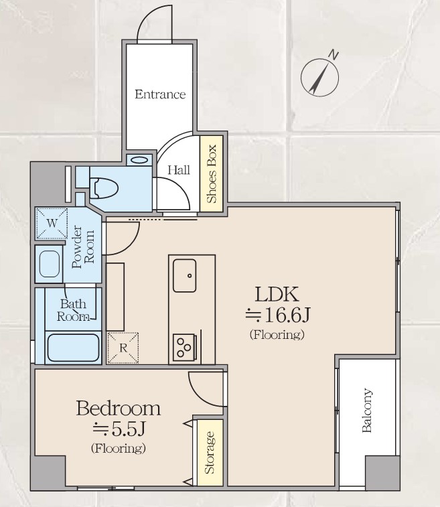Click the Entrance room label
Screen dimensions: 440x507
[x=160, y=94]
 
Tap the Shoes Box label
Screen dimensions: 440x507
[x=211, y=173]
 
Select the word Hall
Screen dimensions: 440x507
[x=178, y=169]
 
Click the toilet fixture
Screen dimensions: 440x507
[x=104, y=188]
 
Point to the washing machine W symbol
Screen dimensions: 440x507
[x=52, y=224]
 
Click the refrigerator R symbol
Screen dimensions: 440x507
[x=123, y=348]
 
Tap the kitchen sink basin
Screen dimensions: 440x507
[x=184, y=275]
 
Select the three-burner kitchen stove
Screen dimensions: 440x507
[x=186, y=348]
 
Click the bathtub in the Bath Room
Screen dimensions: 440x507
[x=73, y=348]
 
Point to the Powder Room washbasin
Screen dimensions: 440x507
[x=50, y=263]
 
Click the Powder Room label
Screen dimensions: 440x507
[x=83, y=247]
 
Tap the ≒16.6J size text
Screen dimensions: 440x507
[x=278, y=315]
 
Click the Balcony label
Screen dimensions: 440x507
[x=367, y=411]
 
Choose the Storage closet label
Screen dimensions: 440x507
[x=210, y=453]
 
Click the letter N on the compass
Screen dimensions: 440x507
[x=334, y=56]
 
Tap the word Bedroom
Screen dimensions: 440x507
[x=119, y=408]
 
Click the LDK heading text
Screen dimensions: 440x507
[x=277, y=294]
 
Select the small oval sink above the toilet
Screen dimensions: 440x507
[x=140, y=160]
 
